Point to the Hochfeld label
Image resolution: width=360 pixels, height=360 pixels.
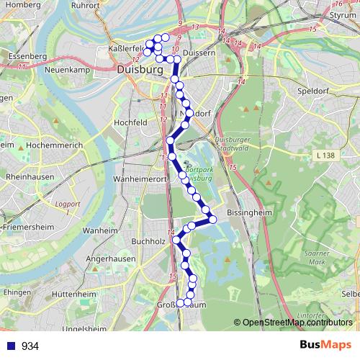click(130, 123)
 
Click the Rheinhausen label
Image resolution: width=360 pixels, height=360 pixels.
click(27, 176)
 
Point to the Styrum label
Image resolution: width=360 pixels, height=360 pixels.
click(345, 14)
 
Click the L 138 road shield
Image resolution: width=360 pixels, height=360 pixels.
click(326, 155)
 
